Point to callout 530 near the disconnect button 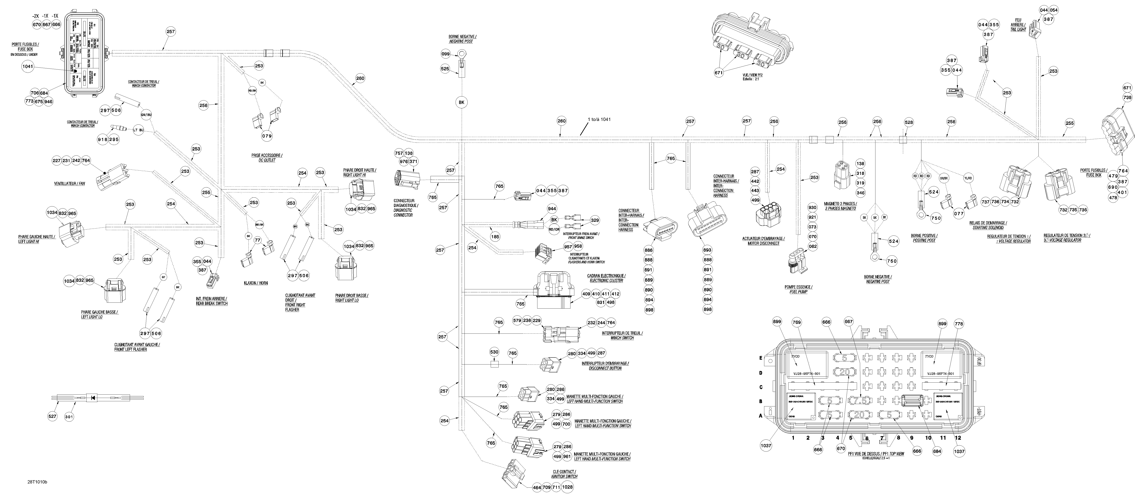point(494,352)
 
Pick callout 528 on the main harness point(908,122)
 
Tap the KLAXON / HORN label point(256,283)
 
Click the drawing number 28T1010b point(37,482)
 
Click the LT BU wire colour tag point(138,130)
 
